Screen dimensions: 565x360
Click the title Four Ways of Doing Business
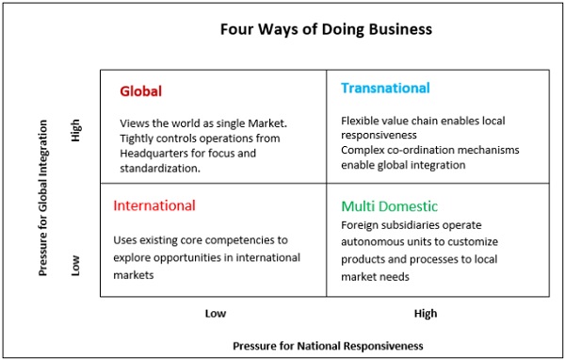click(326, 29)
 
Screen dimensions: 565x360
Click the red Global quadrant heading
click(141, 91)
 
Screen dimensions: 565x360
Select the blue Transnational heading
click(385, 88)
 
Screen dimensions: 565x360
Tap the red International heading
click(154, 205)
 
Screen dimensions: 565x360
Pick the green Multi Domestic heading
click(389, 205)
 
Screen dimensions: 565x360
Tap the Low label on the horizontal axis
click(216, 313)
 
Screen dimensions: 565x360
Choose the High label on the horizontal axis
click(425, 313)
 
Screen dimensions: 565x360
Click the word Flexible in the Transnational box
click(362, 121)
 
